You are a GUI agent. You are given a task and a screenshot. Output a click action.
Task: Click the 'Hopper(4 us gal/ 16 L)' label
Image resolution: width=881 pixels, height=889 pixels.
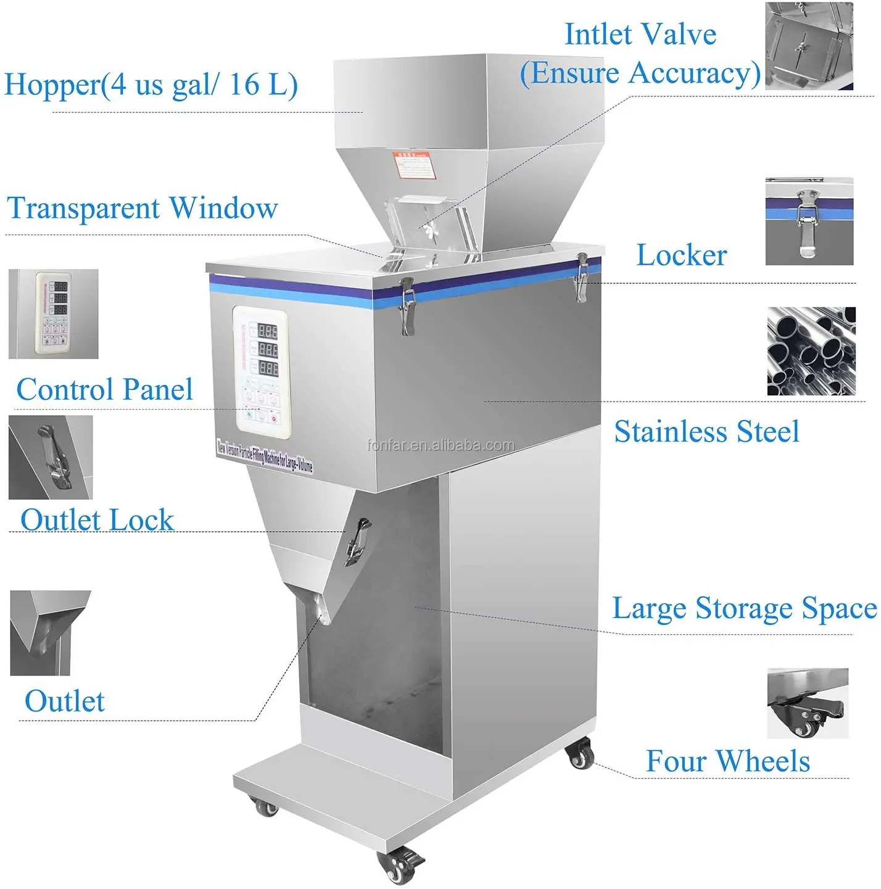(x=151, y=85)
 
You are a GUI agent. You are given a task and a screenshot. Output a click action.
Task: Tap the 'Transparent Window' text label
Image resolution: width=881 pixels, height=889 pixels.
(x=143, y=209)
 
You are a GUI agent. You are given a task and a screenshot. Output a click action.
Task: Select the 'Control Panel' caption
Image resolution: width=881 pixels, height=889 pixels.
(x=104, y=389)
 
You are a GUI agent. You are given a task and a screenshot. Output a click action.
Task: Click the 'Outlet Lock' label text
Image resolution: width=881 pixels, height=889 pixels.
(x=97, y=519)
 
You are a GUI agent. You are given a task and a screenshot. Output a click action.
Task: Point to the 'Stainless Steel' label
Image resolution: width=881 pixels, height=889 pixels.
(x=706, y=431)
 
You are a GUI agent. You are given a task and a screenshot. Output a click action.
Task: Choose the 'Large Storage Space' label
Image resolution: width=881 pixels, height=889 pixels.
(x=744, y=608)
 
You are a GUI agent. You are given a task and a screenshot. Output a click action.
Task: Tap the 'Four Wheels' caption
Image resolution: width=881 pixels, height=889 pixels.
(x=727, y=761)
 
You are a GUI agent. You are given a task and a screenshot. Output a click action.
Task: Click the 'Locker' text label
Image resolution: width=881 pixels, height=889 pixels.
(x=682, y=255)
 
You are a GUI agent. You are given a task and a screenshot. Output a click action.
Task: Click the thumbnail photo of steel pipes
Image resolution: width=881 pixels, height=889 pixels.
(x=811, y=351)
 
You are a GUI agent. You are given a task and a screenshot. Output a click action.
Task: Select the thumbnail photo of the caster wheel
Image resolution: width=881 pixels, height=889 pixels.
(x=808, y=703)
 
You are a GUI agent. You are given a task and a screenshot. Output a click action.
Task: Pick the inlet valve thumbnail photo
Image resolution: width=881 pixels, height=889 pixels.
(x=809, y=46)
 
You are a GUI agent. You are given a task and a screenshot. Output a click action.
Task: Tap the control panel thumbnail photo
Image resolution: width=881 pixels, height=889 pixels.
(x=54, y=313)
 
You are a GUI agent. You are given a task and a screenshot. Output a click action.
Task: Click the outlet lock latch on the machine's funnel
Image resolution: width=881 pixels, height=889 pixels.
(x=358, y=540)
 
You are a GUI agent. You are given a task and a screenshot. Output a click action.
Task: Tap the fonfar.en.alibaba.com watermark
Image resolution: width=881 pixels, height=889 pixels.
(x=440, y=445)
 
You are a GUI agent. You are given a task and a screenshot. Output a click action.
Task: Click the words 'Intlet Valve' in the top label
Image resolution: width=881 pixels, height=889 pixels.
(x=640, y=35)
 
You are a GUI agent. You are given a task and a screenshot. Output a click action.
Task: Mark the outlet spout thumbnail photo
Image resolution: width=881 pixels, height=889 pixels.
(x=49, y=632)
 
